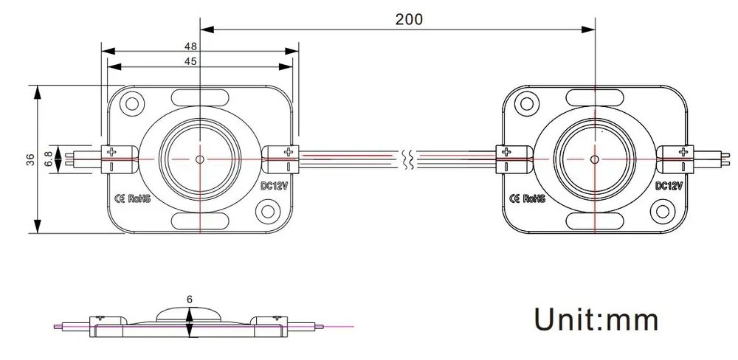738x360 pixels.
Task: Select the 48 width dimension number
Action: click(x=190, y=46)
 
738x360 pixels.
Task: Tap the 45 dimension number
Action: click(x=190, y=62)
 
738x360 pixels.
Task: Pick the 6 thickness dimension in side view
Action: click(x=190, y=300)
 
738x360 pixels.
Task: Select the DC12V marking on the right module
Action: click(x=670, y=186)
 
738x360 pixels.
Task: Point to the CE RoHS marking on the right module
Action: click(x=528, y=198)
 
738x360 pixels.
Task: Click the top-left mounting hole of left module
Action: click(x=133, y=104)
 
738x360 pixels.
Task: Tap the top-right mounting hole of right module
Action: click(x=661, y=104)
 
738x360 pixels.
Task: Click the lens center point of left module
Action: click(x=200, y=159)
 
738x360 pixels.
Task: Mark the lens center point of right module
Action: click(x=594, y=159)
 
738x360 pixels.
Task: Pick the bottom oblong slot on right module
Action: click(x=594, y=221)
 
